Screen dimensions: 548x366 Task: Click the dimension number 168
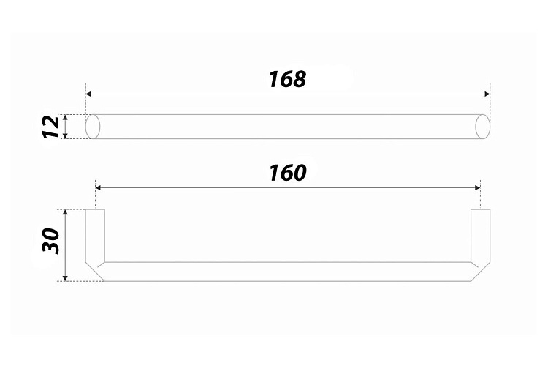pyautogui.click(x=288, y=79)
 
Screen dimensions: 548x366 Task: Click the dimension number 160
pyautogui.click(x=288, y=173)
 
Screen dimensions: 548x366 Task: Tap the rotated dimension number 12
pyautogui.click(x=51, y=127)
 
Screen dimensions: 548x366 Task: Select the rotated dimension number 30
pyautogui.click(x=51, y=241)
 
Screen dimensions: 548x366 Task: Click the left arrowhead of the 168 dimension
pyautogui.click(x=88, y=94)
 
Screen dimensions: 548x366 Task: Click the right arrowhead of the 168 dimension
pyautogui.click(x=487, y=94)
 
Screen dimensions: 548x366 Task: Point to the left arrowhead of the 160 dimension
pyautogui.click(x=98, y=187)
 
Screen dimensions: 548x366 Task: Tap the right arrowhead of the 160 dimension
pyautogui.click(x=477, y=187)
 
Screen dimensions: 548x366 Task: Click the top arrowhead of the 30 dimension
pyautogui.click(x=64, y=212)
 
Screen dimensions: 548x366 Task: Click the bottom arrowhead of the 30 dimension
pyautogui.click(x=64, y=277)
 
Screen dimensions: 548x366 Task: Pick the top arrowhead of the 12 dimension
pyautogui.click(x=66, y=117)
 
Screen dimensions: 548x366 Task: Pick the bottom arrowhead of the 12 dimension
pyautogui.click(x=66, y=136)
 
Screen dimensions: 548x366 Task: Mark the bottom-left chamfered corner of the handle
pyautogui.click(x=95, y=272)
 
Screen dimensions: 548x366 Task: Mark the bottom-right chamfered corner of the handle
pyautogui.click(x=481, y=272)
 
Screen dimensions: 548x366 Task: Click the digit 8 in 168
pyautogui.click(x=299, y=79)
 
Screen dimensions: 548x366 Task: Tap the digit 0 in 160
pyautogui.click(x=299, y=173)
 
